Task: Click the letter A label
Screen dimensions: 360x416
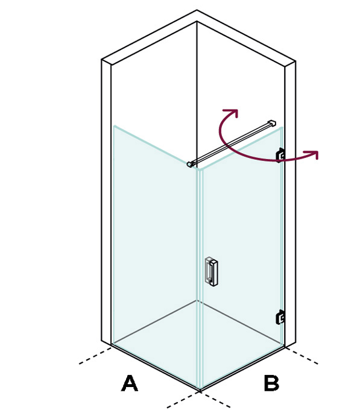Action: point(130,383)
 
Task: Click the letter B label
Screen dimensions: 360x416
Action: point(271,383)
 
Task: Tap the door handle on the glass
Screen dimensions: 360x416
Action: point(212,271)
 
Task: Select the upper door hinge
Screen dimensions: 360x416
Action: point(280,155)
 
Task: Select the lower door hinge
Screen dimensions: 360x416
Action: point(280,317)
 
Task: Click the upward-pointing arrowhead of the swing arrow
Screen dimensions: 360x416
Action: point(232,112)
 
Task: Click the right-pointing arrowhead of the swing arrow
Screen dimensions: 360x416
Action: point(312,154)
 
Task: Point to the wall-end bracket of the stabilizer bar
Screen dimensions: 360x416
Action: point(271,124)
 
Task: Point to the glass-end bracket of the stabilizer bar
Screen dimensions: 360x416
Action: point(190,165)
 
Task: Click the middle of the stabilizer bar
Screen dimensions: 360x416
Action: point(231,144)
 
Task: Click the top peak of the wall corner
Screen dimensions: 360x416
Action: point(197,10)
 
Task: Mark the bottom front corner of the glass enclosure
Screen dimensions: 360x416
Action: point(200,390)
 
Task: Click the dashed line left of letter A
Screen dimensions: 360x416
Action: point(95,356)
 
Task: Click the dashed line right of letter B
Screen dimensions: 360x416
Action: point(302,356)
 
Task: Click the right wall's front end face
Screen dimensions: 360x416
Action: point(290,204)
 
